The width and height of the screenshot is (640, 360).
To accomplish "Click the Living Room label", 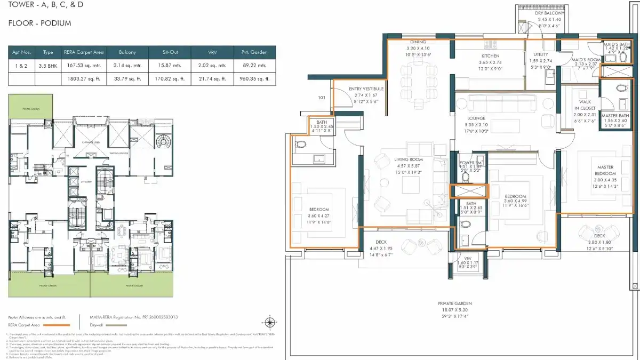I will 409,159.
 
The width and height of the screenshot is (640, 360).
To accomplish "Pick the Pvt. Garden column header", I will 254,52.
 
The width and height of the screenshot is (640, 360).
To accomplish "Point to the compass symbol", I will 270,322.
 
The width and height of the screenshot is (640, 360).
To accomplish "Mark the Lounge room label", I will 476,118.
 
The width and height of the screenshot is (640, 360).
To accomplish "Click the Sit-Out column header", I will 170,52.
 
